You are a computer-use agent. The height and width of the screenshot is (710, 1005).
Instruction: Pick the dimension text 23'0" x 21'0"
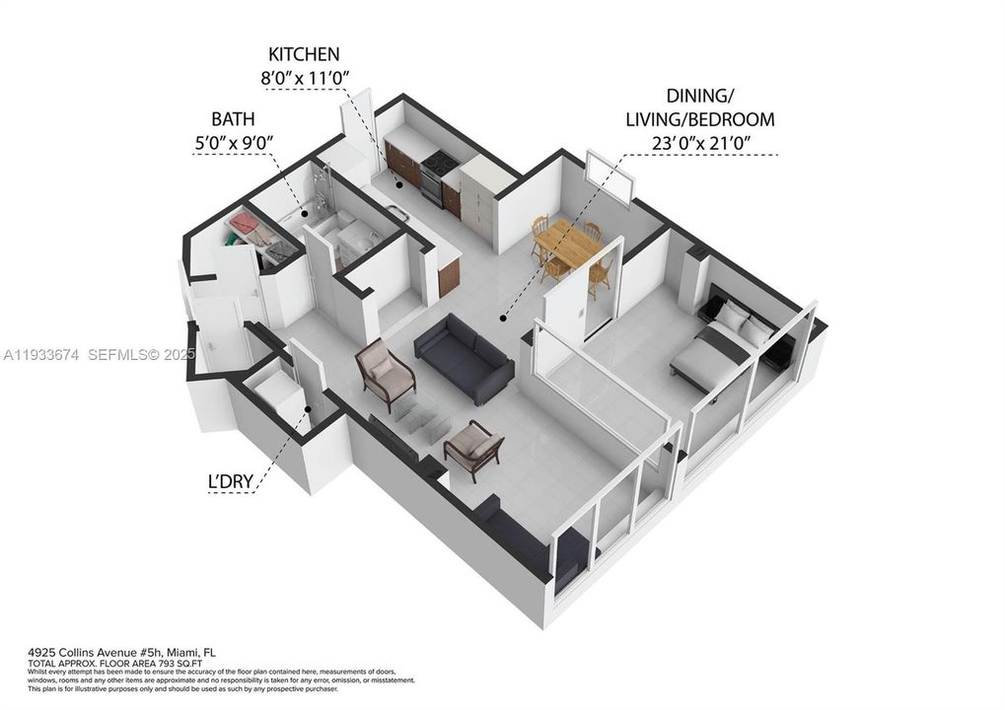701,143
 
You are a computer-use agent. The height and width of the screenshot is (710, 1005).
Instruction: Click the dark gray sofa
464,357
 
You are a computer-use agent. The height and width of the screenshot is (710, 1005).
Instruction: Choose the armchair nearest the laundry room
385,373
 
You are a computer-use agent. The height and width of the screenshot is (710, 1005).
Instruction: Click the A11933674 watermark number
40,353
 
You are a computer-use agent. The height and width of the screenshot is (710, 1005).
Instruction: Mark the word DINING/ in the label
701,97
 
